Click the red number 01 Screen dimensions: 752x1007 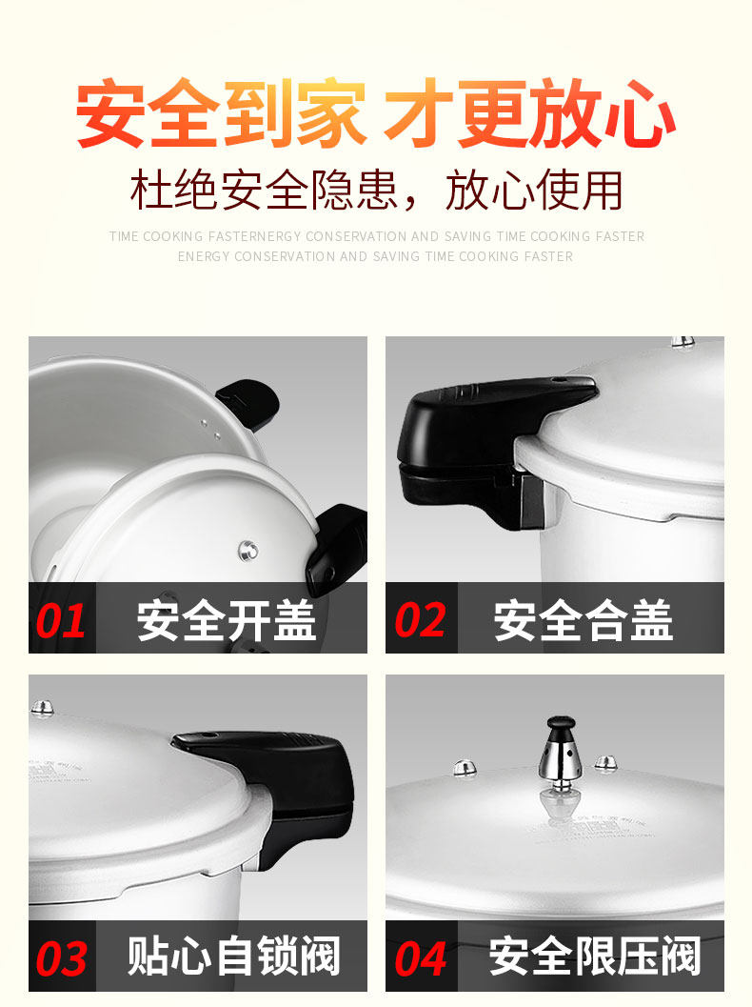(x=60, y=620)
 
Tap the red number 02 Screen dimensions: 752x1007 (x=420, y=620)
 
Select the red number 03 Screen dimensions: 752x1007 (x=61, y=958)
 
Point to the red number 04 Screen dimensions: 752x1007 (x=421, y=958)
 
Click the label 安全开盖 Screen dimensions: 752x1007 (x=227, y=620)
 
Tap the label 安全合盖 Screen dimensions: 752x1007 (x=584, y=620)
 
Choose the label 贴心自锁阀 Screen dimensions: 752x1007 (x=233, y=957)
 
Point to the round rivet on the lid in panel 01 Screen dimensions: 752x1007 (x=248, y=551)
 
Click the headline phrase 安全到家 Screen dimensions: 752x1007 (x=221, y=113)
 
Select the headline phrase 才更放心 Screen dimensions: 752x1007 (x=529, y=113)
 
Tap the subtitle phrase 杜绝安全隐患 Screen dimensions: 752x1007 (x=264, y=191)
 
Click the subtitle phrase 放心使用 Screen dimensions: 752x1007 (x=534, y=191)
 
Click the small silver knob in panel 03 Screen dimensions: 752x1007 (x=42, y=708)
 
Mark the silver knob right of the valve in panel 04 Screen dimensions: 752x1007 (x=605, y=764)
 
